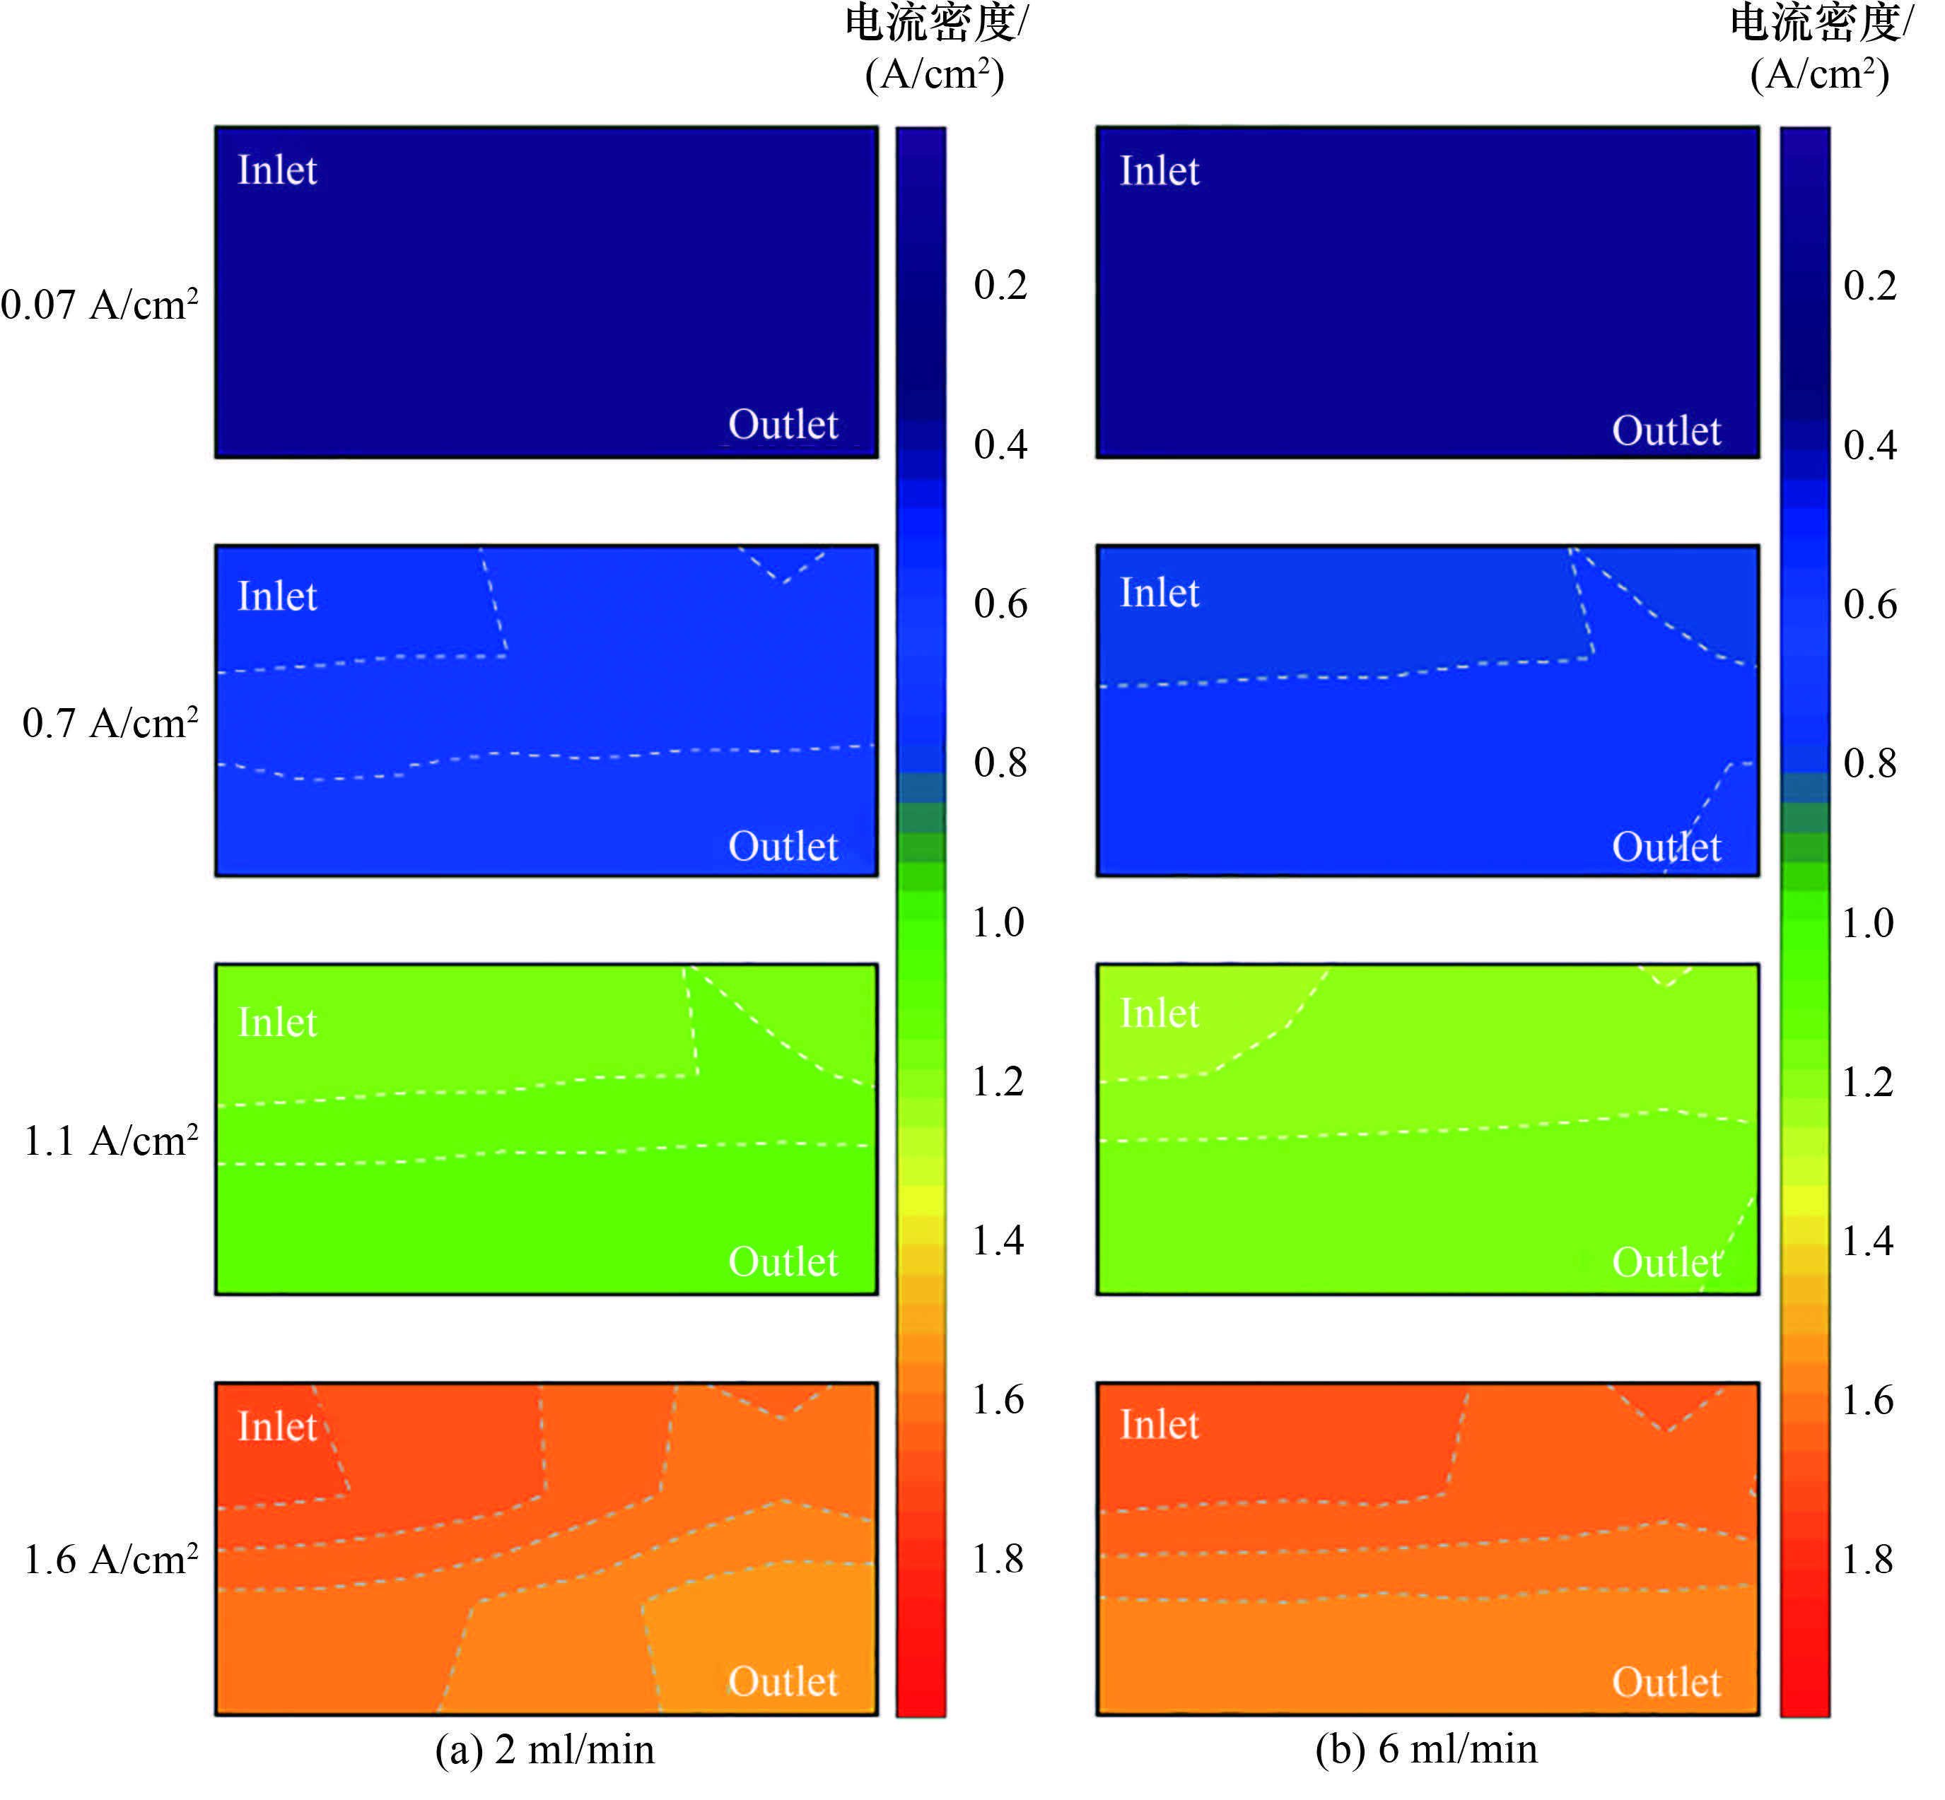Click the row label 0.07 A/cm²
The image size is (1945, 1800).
pos(100,305)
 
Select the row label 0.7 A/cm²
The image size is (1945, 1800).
pos(110,723)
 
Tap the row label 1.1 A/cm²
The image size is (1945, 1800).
pos(110,1141)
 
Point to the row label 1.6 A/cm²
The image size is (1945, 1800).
pos(110,1560)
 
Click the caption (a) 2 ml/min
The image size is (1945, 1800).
pos(544,1748)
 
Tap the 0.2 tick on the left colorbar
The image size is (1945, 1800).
pos(1000,284)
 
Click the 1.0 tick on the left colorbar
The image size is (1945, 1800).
pos(998,922)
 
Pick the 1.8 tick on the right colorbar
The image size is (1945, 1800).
pos(1867,1558)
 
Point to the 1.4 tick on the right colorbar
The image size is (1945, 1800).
pos(1867,1240)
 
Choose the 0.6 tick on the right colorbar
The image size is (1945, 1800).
pos(1869,604)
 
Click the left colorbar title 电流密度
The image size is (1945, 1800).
pos(933,23)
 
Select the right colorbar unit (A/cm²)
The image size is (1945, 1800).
pos(1818,74)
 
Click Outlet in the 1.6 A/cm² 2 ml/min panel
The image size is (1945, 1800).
pos(783,1681)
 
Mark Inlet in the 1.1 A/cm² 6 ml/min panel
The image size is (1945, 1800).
pos(1159,1013)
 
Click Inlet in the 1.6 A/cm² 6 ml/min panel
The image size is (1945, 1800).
pos(1159,1425)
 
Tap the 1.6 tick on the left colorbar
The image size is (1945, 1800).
pos(998,1400)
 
